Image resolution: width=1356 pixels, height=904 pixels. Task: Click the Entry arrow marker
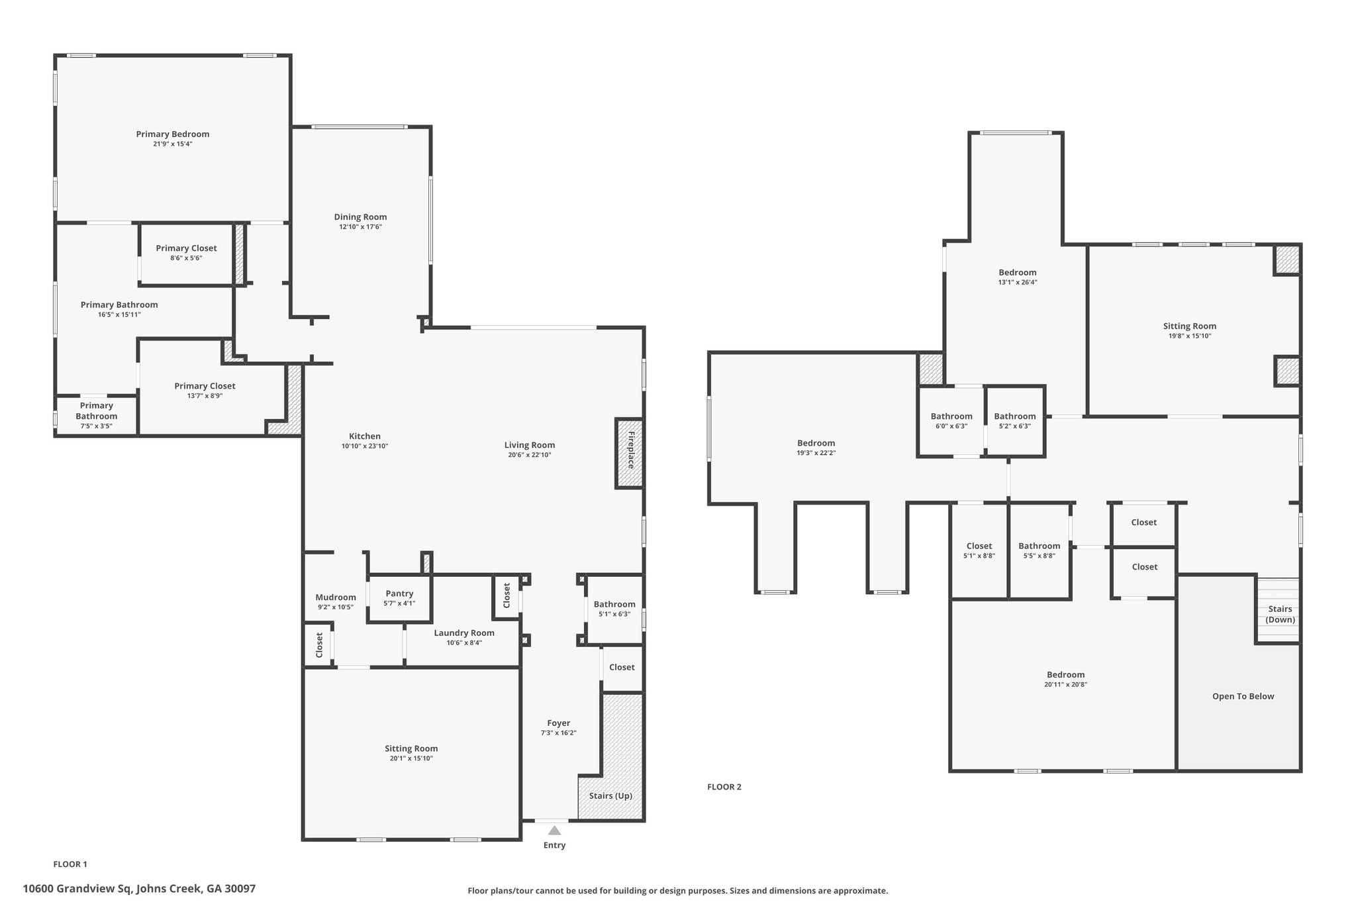click(554, 830)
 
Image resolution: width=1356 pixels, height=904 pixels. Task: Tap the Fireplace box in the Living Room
click(630, 454)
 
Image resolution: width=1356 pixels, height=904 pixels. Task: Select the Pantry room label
click(399, 593)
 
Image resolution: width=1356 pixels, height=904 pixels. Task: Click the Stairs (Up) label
click(610, 795)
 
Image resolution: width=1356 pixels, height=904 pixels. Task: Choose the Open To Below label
click(1243, 696)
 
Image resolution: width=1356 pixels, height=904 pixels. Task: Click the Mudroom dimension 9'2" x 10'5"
click(335, 607)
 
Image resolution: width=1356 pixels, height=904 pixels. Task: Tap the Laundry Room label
click(464, 632)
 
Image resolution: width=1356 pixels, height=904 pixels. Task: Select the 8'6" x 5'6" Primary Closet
click(186, 252)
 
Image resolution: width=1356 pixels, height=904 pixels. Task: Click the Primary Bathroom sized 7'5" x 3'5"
click(97, 415)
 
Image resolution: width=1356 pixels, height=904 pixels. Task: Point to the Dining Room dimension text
click(360, 226)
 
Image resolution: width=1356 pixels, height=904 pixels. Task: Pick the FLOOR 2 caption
click(724, 787)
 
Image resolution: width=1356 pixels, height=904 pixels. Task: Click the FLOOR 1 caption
click(70, 864)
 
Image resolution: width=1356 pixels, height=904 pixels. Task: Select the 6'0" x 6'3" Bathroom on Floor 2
click(951, 421)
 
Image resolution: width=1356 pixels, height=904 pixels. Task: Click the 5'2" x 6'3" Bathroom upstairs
click(1015, 421)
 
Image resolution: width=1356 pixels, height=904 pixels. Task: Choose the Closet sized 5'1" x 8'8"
click(979, 551)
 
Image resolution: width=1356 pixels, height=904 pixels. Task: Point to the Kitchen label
click(365, 436)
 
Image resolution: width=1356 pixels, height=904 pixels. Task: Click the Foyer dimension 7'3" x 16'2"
click(559, 732)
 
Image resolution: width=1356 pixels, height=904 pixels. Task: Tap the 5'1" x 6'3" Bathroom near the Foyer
click(614, 609)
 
